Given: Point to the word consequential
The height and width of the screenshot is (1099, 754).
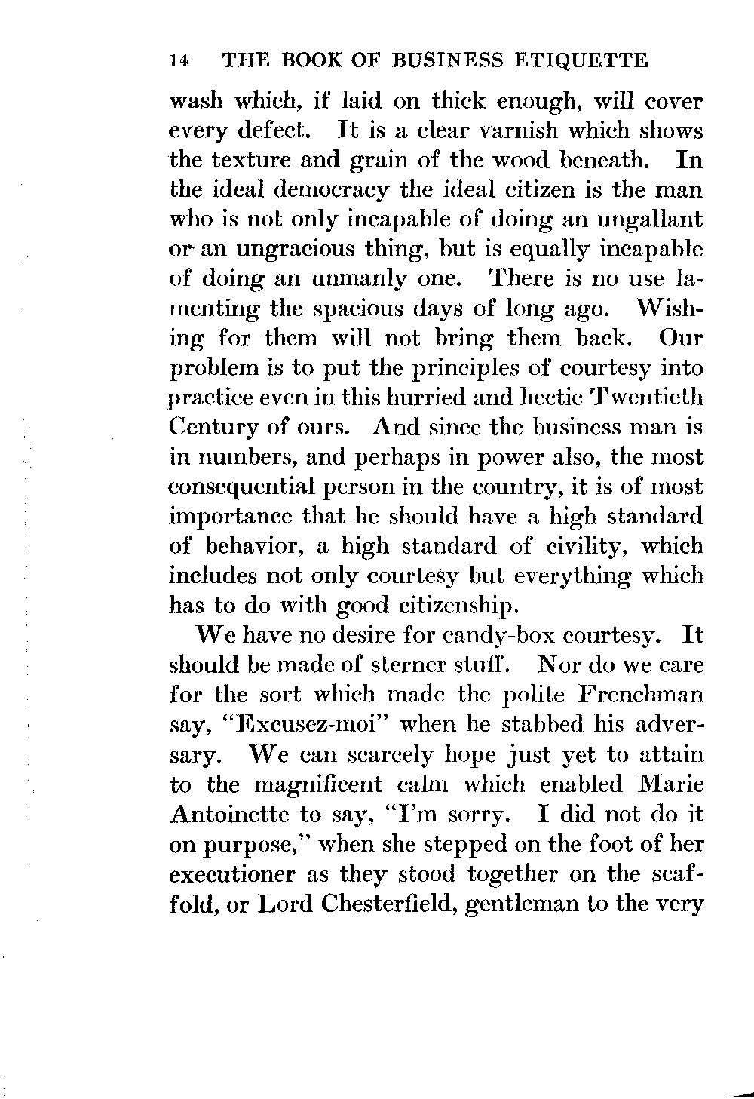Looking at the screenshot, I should pos(252,487).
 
